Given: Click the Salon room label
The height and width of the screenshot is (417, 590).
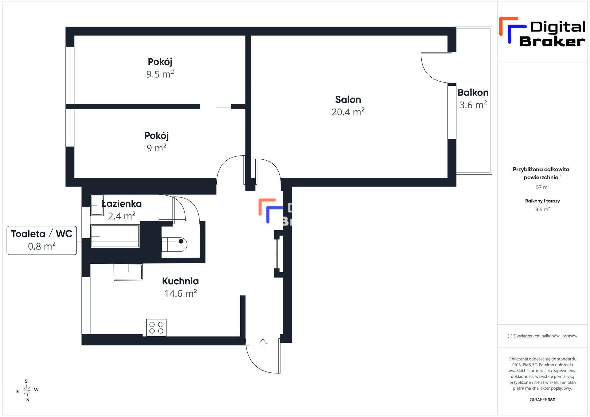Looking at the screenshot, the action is point(348,99).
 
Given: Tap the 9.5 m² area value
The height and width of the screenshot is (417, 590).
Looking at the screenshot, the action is point(160,74).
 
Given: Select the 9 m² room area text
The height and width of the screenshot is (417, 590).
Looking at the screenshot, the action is point(156,148).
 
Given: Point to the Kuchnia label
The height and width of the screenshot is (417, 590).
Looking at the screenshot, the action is point(180,281).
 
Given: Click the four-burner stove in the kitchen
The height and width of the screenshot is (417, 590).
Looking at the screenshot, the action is point(156,328).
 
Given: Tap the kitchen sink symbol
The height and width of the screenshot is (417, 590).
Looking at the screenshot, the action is point(128,272).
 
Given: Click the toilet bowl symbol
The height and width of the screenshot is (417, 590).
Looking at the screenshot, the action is point(174,244).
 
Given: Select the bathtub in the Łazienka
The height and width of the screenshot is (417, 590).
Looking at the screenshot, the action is point(115,236).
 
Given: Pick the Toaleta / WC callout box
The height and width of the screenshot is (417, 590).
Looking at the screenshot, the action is point(42,240).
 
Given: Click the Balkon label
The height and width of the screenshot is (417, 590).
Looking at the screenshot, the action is point(473,92).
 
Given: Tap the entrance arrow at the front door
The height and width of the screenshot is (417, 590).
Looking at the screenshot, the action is point(263,343).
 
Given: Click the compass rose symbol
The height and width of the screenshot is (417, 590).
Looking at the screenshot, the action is point(27,391).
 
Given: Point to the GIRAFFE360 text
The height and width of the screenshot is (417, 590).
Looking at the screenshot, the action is point(542,400).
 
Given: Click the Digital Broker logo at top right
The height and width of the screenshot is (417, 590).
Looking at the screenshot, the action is point(542,32).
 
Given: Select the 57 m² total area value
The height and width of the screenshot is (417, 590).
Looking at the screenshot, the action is point(542,187).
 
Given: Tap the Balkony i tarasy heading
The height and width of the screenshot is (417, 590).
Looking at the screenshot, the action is point(542,201).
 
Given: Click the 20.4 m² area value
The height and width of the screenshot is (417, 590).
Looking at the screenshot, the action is point(348,112).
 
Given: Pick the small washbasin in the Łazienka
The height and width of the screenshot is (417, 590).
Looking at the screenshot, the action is point(97,205).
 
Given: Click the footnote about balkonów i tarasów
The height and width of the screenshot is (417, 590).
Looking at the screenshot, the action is point(542,336).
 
